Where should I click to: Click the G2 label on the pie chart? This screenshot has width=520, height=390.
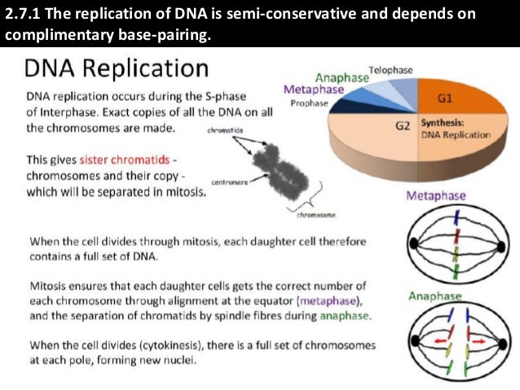point(402,126)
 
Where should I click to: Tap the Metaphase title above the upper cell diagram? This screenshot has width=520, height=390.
point(437,195)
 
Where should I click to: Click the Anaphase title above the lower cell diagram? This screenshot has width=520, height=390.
point(434,296)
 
